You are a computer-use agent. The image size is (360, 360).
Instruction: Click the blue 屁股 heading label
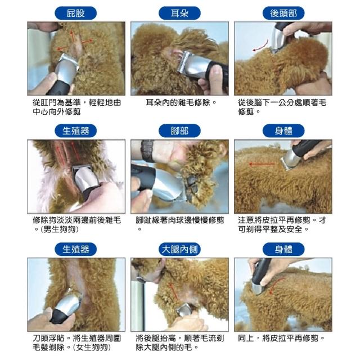click(75, 13)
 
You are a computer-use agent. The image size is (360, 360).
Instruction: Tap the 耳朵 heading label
click(179, 13)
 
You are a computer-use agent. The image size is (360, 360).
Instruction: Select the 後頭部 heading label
click(283, 13)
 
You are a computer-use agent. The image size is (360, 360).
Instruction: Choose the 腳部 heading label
click(179, 131)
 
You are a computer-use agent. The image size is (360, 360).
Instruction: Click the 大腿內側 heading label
click(179, 249)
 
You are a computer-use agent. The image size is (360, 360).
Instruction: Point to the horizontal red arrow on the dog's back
click(262, 164)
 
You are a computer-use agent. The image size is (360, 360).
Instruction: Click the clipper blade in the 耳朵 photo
click(183, 61)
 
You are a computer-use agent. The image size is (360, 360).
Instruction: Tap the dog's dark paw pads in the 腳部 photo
click(192, 186)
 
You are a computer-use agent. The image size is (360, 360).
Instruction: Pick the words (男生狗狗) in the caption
click(59, 229)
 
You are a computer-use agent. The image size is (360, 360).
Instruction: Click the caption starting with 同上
click(281, 338)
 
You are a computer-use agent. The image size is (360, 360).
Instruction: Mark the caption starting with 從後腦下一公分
click(282, 107)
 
